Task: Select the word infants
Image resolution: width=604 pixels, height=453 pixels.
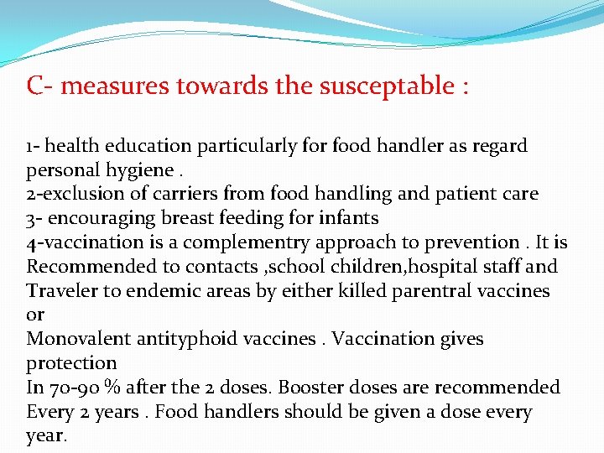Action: [348, 219]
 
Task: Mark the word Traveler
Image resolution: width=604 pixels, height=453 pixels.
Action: [62, 292]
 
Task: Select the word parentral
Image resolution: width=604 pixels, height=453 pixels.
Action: [430, 292]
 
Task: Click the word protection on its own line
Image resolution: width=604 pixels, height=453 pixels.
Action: [71, 364]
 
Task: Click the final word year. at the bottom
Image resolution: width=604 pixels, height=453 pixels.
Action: [47, 437]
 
